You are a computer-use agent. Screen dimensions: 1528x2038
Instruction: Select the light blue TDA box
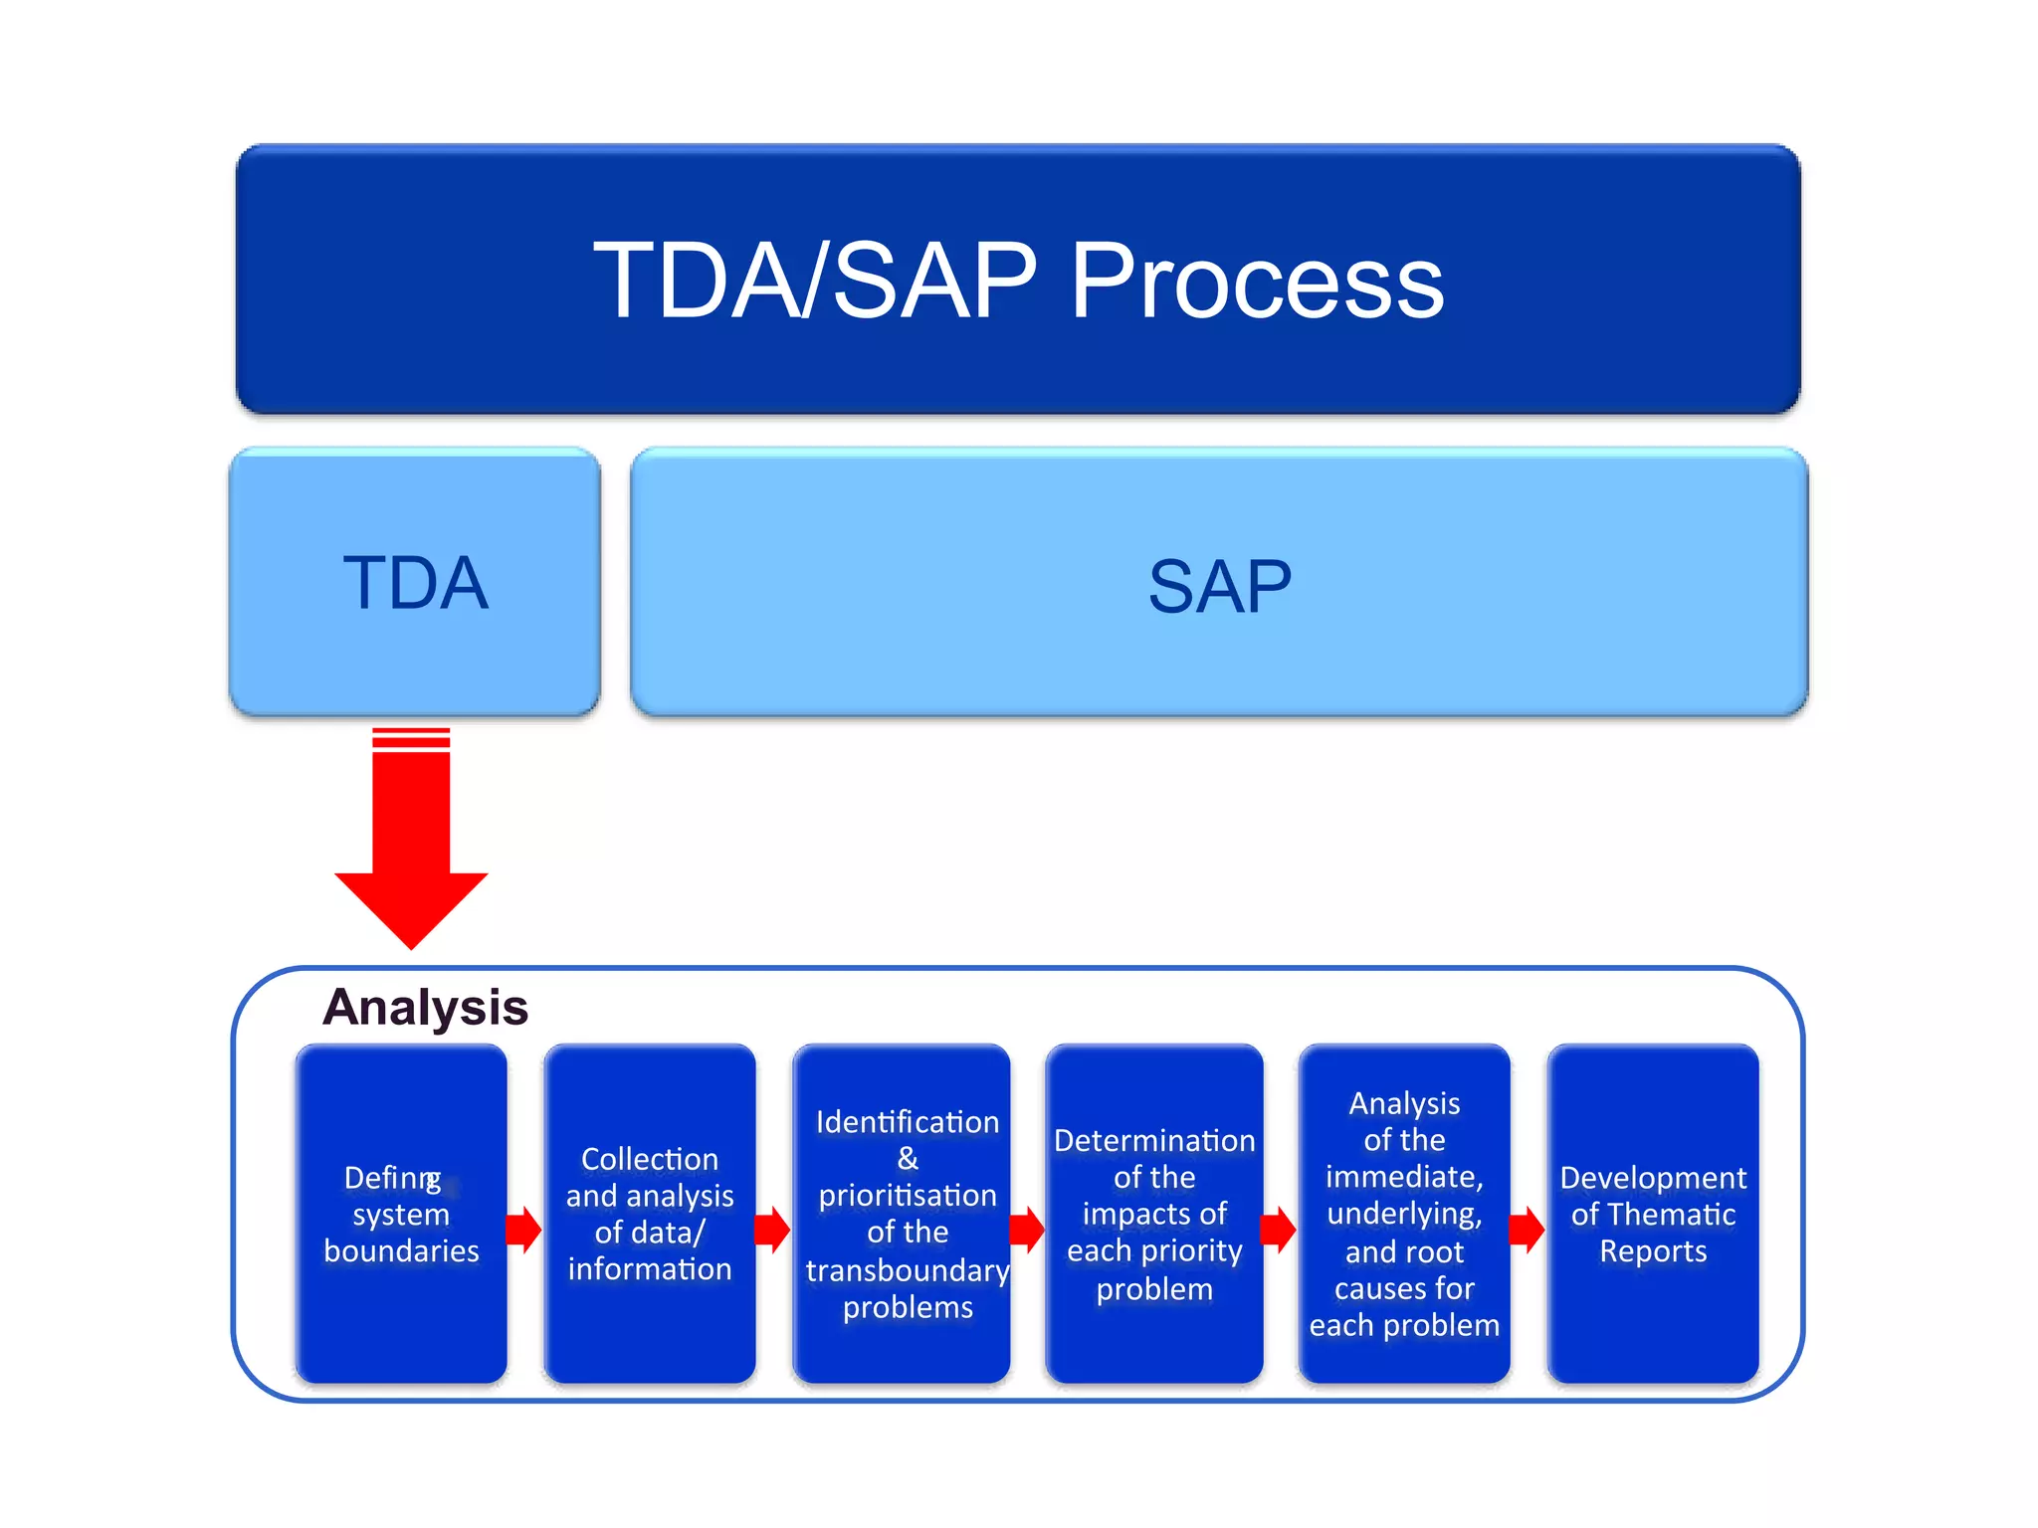415,582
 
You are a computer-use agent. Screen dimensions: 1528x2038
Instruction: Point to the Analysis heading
425,1007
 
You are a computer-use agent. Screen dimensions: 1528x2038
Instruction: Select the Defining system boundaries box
401,1213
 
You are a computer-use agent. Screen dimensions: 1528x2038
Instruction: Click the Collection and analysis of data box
650,1213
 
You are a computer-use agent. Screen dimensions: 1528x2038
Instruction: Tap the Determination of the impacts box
1154,1213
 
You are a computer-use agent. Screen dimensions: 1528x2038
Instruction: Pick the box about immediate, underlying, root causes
1404,1213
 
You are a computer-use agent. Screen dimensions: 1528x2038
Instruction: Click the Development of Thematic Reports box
1653,1213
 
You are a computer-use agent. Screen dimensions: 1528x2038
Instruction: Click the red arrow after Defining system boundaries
523,1230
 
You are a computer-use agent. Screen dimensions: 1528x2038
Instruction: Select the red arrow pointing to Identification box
772,1230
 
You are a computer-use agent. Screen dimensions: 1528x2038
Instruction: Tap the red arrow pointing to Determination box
1027,1230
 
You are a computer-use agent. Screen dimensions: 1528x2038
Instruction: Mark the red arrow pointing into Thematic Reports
1527,1230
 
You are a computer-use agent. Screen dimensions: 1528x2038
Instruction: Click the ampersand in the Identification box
907,1158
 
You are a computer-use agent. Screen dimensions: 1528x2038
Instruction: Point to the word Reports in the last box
1653,1250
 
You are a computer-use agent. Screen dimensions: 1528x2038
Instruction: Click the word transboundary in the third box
907,1270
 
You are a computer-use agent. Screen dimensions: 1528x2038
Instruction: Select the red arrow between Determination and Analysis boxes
1278,1230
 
